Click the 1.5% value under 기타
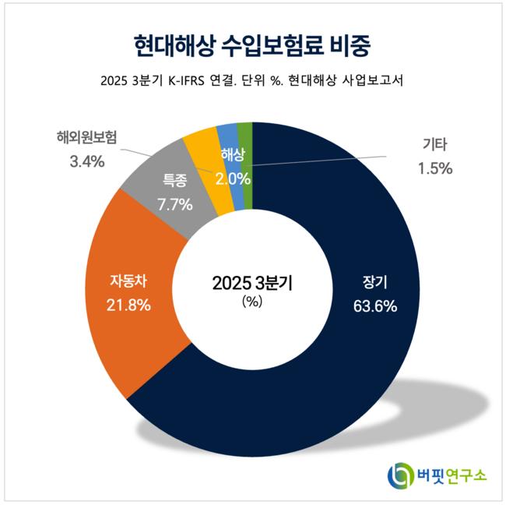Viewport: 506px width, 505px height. tap(435, 168)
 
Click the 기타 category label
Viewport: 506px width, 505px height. tap(435, 145)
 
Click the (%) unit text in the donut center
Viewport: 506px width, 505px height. tap(252, 301)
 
